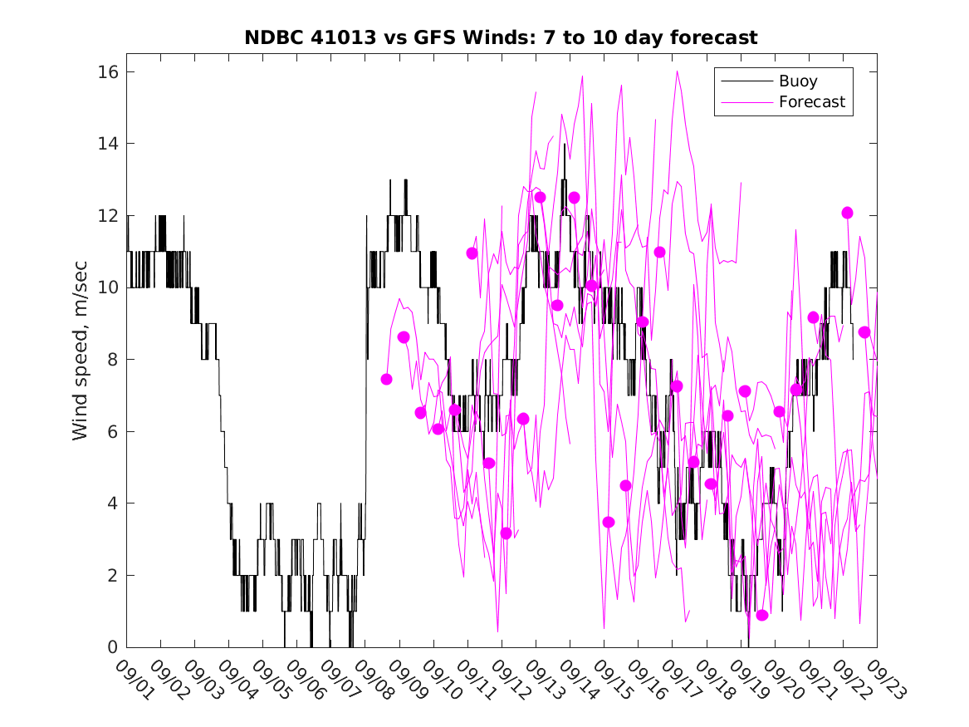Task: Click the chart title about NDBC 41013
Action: (x=501, y=38)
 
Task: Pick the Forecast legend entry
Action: (x=811, y=102)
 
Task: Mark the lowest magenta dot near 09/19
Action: (x=762, y=615)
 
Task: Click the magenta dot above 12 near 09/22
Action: (x=847, y=213)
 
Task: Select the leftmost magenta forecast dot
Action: (x=386, y=379)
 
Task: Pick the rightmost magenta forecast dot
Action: (x=864, y=332)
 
